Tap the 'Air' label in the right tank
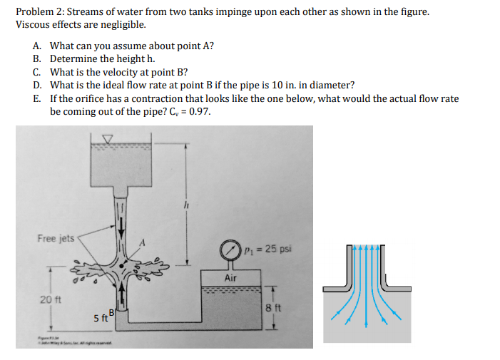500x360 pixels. coord(230,278)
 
